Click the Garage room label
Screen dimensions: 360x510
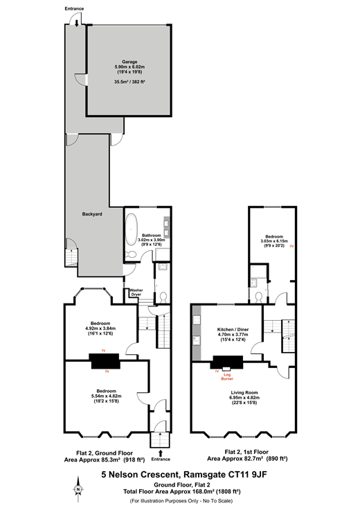[x=129, y=62]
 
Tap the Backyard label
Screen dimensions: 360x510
[x=92, y=214]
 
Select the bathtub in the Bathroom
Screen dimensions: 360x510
[x=132, y=229]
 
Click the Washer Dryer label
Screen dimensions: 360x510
[x=136, y=292]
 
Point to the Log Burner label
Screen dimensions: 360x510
[x=227, y=377]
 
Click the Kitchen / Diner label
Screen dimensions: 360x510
[x=233, y=329]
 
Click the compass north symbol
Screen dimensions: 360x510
[x=78, y=489]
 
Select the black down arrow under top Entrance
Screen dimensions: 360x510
[x=76, y=23]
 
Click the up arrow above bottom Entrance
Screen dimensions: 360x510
[x=161, y=452]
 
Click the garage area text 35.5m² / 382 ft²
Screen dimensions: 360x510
[x=129, y=82]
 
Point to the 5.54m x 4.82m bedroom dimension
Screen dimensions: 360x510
[x=106, y=396]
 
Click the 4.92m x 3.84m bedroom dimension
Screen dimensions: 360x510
[x=100, y=328]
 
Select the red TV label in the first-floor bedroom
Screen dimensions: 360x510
[x=291, y=247]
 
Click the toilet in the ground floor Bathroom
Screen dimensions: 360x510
[x=132, y=254]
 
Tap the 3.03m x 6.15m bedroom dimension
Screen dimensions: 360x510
[x=274, y=241]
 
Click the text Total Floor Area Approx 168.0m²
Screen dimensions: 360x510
[x=169, y=491]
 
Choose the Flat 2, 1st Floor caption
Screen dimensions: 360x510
[x=246, y=452]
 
